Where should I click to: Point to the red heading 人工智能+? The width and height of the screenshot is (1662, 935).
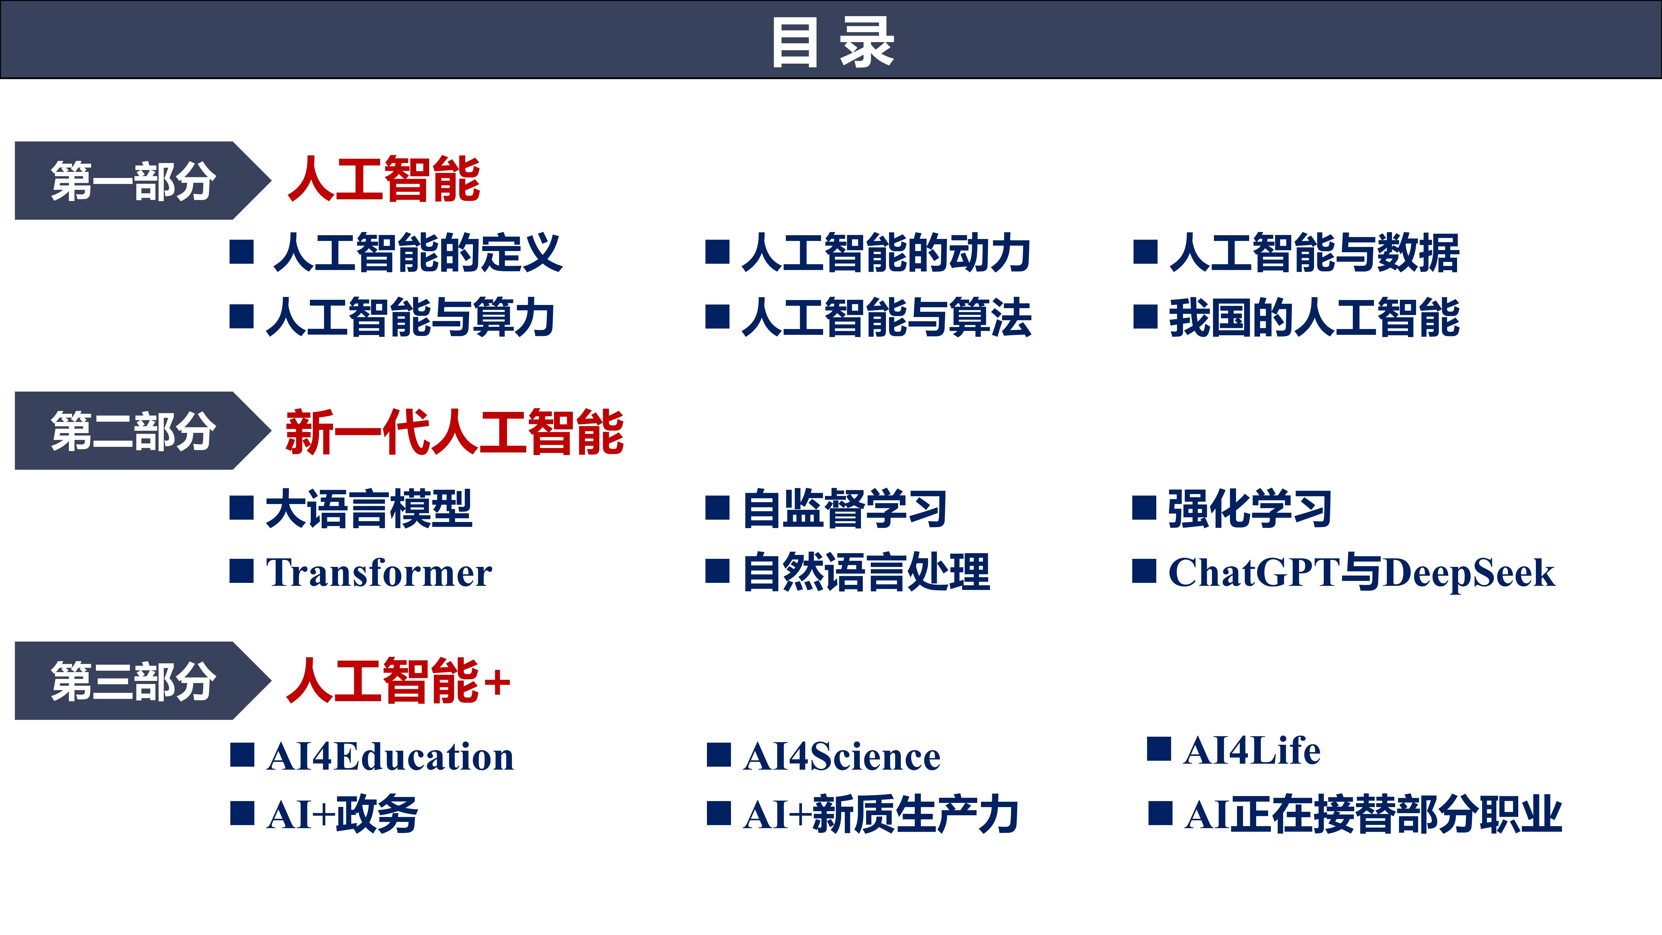coord(398,681)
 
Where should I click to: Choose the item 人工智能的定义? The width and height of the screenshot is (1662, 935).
coord(417,253)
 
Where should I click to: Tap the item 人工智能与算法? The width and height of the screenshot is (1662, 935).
coord(886,318)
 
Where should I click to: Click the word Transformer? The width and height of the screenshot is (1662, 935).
coord(379,572)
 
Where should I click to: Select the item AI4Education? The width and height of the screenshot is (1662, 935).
coord(390,756)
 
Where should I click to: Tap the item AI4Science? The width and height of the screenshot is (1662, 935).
coord(841,756)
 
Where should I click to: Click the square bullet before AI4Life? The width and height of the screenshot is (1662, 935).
coord(1159,749)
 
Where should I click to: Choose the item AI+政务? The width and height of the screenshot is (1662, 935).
coord(342,814)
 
